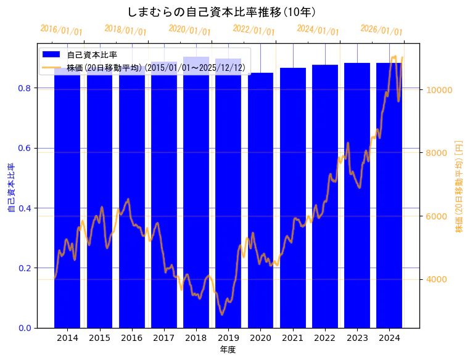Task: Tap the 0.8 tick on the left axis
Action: click(x=25, y=88)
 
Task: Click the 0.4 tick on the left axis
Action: click(x=25, y=208)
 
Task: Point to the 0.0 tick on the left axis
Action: click(x=25, y=328)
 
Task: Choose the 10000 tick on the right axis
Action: click(x=440, y=90)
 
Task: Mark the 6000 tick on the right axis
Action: click(x=437, y=216)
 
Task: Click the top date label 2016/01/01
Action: click(x=61, y=30)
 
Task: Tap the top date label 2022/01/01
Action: click(x=254, y=30)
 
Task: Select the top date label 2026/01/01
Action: click(x=381, y=30)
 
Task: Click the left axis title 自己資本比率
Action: click(x=10, y=188)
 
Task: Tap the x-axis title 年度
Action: click(x=228, y=350)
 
